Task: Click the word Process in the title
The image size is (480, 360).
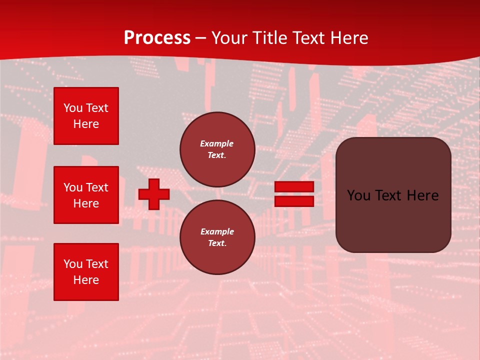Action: point(157,38)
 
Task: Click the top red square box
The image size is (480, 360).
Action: point(86,116)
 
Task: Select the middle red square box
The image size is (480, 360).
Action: point(86,195)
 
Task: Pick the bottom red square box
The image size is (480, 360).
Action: point(86,272)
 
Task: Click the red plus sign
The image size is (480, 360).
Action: point(154,194)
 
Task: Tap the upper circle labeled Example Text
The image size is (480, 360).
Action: point(217,149)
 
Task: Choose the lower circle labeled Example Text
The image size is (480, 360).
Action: point(217,237)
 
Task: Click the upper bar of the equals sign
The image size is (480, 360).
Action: point(294,187)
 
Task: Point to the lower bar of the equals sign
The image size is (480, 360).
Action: point(294,201)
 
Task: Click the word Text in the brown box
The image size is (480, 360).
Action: point(388,195)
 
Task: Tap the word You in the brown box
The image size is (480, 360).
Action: point(358,195)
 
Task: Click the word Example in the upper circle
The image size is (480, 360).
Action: point(217,144)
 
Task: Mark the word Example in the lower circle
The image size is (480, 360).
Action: point(217,232)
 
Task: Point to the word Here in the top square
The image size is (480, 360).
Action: point(86,124)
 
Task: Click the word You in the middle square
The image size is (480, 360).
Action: point(72,187)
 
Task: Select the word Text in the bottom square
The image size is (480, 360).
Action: point(96,264)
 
